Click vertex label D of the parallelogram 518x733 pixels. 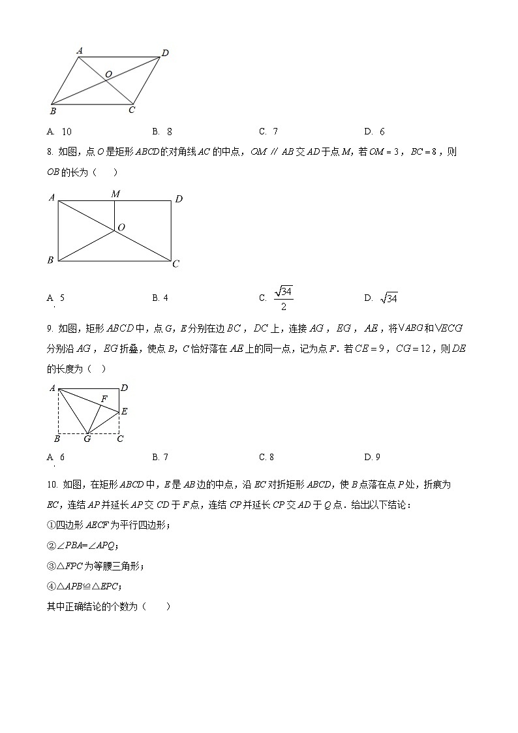tap(165, 53)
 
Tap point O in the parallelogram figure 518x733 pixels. tap(108, 74)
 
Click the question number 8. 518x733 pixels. tap(49, 152)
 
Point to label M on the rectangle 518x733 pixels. tap(115, 194)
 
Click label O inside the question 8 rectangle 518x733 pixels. tap(121, 227)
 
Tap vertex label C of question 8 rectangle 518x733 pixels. tap(175, 264)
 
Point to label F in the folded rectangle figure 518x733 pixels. tap(104, 398)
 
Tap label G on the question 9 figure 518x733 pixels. tap(87, 439)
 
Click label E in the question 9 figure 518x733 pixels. tap(124, 411)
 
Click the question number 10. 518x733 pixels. tap(52, 484)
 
